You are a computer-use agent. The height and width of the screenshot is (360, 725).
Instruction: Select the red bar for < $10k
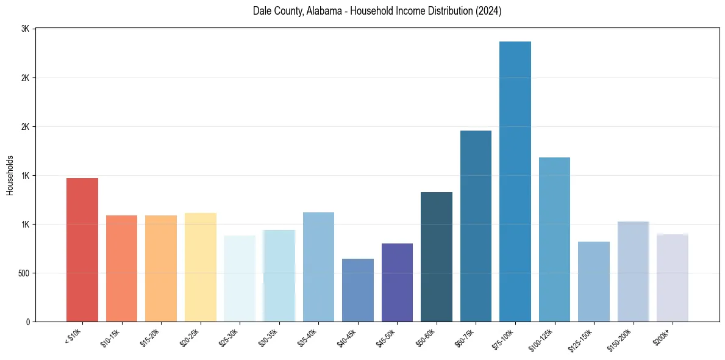[82, 250]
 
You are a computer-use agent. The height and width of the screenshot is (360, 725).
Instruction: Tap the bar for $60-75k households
[476, 226]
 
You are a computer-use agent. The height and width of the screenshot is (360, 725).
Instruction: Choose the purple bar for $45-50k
[397, 283]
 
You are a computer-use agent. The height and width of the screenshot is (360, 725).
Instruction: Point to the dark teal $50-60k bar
[437, 257]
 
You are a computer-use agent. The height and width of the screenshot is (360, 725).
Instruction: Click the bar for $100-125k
[554, 239]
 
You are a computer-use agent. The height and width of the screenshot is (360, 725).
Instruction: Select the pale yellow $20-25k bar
[201, 267]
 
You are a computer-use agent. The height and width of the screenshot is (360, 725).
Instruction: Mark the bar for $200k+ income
[673, 278]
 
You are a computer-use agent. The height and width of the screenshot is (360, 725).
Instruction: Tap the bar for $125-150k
[594, 281]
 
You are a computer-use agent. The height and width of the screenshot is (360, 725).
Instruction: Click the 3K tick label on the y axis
[25, 29]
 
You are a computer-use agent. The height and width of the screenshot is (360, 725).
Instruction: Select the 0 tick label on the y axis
[27, 322]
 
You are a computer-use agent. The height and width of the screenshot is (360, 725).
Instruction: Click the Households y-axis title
[10, 175]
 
